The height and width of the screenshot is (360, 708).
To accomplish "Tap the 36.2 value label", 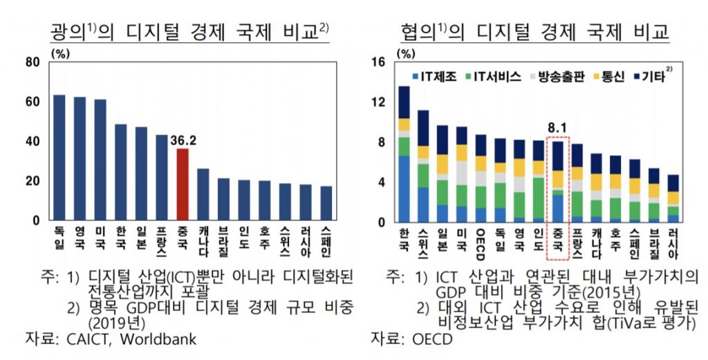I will (x=183, y=140).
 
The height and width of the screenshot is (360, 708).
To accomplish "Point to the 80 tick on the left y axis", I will (x=32, y=62).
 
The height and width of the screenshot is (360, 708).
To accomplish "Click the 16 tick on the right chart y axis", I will (x=377, y=62).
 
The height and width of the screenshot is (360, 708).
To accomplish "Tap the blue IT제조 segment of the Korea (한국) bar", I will (x=404, y=188).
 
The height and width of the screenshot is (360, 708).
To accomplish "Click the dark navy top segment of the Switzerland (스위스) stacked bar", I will (x=423, y=128).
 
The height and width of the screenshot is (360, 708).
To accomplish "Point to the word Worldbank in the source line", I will (x=161, y=339).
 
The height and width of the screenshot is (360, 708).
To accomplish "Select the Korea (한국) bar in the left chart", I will (x=121, y=173).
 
